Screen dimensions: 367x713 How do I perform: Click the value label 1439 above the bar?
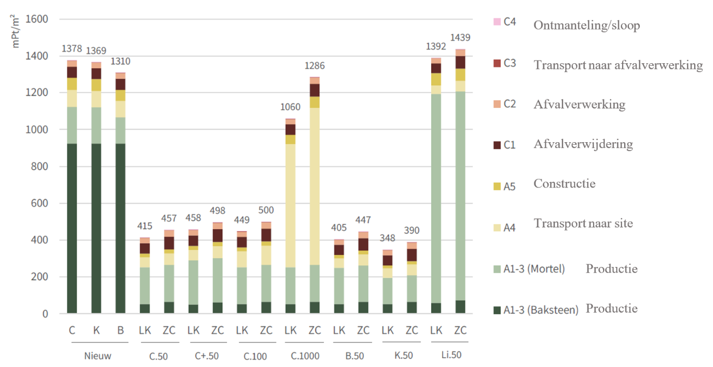tap(460, 38)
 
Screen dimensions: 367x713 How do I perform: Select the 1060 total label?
tap(290, 107)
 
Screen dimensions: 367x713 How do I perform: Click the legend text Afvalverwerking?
tap(579, 104)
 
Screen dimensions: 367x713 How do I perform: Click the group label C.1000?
tap(302, 355)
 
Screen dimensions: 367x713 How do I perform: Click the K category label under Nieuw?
tap(96, 331)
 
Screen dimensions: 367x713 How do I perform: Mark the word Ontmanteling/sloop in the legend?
tap(586, 25)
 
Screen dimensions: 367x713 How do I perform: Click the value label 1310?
tap(120, 62)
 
